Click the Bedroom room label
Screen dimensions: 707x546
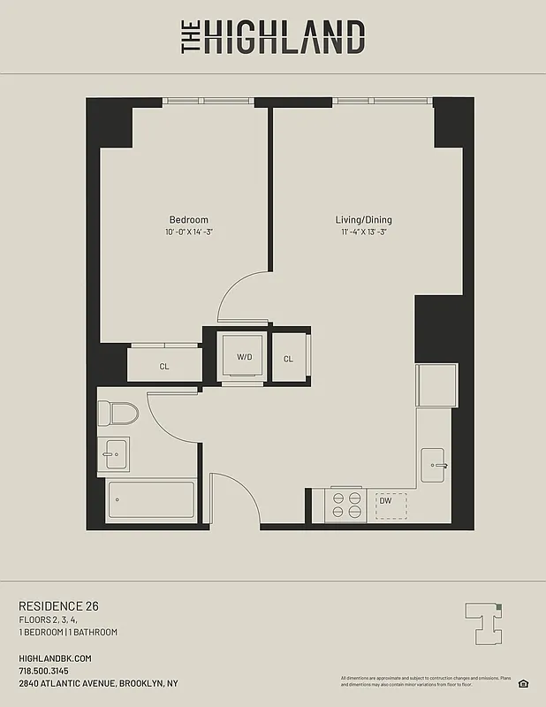188,220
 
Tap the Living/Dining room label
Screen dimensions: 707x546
363,220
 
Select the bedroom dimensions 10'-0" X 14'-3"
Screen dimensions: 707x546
189,232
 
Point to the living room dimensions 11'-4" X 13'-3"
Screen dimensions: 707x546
363,232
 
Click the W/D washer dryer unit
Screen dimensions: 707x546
244,356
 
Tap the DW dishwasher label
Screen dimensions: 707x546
385,501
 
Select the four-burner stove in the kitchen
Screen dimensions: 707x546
346,505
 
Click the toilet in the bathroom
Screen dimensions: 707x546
118,413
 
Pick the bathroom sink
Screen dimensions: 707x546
113,454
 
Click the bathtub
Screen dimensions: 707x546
150,501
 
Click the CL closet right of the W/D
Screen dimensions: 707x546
289,359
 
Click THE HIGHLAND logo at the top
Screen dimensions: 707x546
273,37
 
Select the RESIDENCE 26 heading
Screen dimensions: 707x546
58,605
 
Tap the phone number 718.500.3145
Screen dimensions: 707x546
49,672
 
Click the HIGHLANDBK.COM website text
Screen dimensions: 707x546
55,658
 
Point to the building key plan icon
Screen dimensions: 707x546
482,622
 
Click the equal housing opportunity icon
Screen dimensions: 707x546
523,682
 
